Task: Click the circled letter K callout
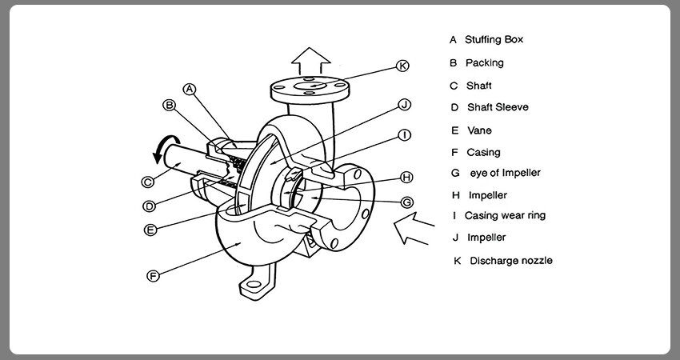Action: click(x=403, y=66)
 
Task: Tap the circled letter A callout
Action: click(x=190, y=90)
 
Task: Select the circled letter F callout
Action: click(x=153, y=275)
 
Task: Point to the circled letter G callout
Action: click(x=406, y=202)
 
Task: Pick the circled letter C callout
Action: click(x=148, y=182)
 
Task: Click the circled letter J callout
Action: click(x=404, y=105)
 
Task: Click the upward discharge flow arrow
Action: click(x=310, y=61)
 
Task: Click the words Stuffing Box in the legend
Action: click(x=494, y=39)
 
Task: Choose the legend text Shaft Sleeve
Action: click(x=498, y=107)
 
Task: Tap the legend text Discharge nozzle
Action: click(x=511, y=261)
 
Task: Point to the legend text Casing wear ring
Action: click(x=506, y=215)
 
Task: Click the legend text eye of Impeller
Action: click(x=506, y=173)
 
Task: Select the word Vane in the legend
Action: click(x=480, y=130)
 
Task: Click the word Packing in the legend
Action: click(x=485, y=63)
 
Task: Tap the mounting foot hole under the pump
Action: click(x=254, y=285)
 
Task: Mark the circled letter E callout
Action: click(x=150, y=230)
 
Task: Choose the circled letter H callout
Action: click(x=406, y=178)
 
